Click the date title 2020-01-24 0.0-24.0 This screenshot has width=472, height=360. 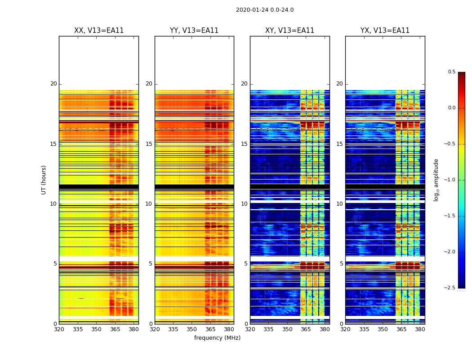pos(264,10)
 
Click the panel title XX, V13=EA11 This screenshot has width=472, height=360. pos(99,31)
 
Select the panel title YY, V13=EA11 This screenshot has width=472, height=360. pos(194,31)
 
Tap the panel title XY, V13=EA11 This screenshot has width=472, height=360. pos(289,31)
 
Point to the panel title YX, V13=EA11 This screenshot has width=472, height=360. pos(385,31)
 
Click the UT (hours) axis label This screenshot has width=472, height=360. pos(44,180)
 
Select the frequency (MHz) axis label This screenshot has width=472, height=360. pos(217,338)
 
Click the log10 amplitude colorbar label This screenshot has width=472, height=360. pos(436,180)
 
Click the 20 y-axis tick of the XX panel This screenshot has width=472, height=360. pos(53,84)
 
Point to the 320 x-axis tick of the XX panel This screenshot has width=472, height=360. pos(59,329)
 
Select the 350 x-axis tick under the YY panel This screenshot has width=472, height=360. pos(191,329)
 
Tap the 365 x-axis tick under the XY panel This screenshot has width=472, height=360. pos(306,329)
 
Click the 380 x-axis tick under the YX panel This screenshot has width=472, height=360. pos(420,329)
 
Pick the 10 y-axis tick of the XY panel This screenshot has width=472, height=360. pos(244,204)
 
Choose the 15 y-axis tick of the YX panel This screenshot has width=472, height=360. pos(339,144)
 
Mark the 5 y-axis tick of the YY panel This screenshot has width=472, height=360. pos(151,264)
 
